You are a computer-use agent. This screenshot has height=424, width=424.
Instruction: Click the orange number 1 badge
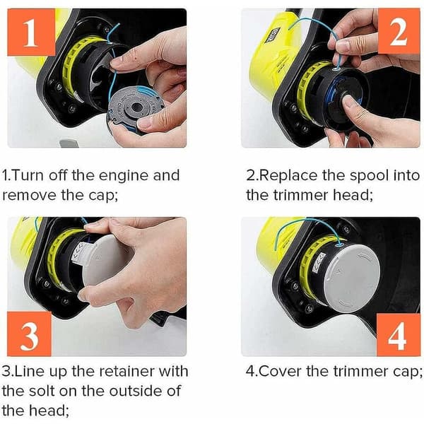pos(31,32)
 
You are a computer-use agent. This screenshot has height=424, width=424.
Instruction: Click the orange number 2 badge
pos(399,30)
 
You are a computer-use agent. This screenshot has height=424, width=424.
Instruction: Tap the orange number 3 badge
pos(29,334)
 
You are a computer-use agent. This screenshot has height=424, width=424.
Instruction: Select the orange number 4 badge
pos(399,335)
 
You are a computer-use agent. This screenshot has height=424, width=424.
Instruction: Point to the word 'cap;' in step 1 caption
pos(103,196)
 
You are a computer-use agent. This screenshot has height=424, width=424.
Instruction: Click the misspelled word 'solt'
pos(42,391)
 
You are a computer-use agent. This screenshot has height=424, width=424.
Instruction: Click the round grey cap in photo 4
pos(354,278)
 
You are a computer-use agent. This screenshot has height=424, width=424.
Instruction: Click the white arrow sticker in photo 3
pos(80,254)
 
